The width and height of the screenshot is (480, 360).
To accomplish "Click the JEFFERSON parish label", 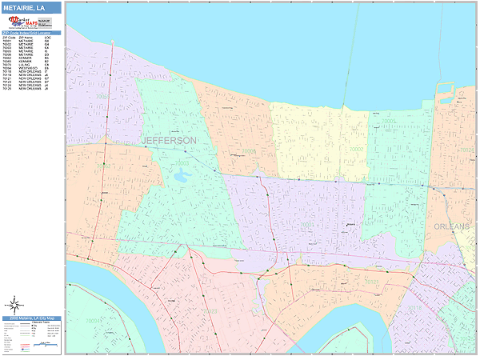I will click(169, 140).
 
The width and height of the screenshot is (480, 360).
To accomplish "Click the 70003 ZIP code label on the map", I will click(182, 162).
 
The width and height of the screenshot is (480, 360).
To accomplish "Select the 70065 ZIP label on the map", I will click(102, 96).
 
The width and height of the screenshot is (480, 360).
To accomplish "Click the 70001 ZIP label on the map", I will click(306, 225).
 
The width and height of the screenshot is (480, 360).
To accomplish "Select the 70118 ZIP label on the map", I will click(414, 306).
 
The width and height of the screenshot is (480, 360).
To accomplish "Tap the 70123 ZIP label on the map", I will click(210, 311).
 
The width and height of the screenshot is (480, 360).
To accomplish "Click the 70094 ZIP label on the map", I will click(94, 321).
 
